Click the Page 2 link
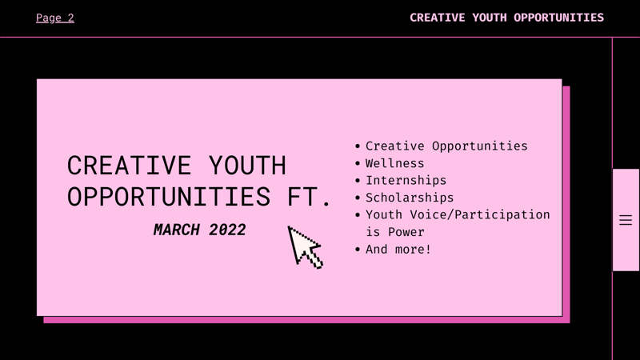click(54, 18)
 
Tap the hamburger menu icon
click(626, 220)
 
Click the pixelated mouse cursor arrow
click(304, 246)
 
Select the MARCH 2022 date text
click(199, 230)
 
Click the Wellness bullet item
click(394, 163)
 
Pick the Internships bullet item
click(406, 181)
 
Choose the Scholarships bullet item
click(409, 198)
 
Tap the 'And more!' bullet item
click(398, 250)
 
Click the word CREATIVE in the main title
click(129, 166)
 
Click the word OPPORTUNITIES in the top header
click(558, 18)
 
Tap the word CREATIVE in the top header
click(438, 18)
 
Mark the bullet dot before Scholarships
click(358, 198)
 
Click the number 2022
click(226, 230)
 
